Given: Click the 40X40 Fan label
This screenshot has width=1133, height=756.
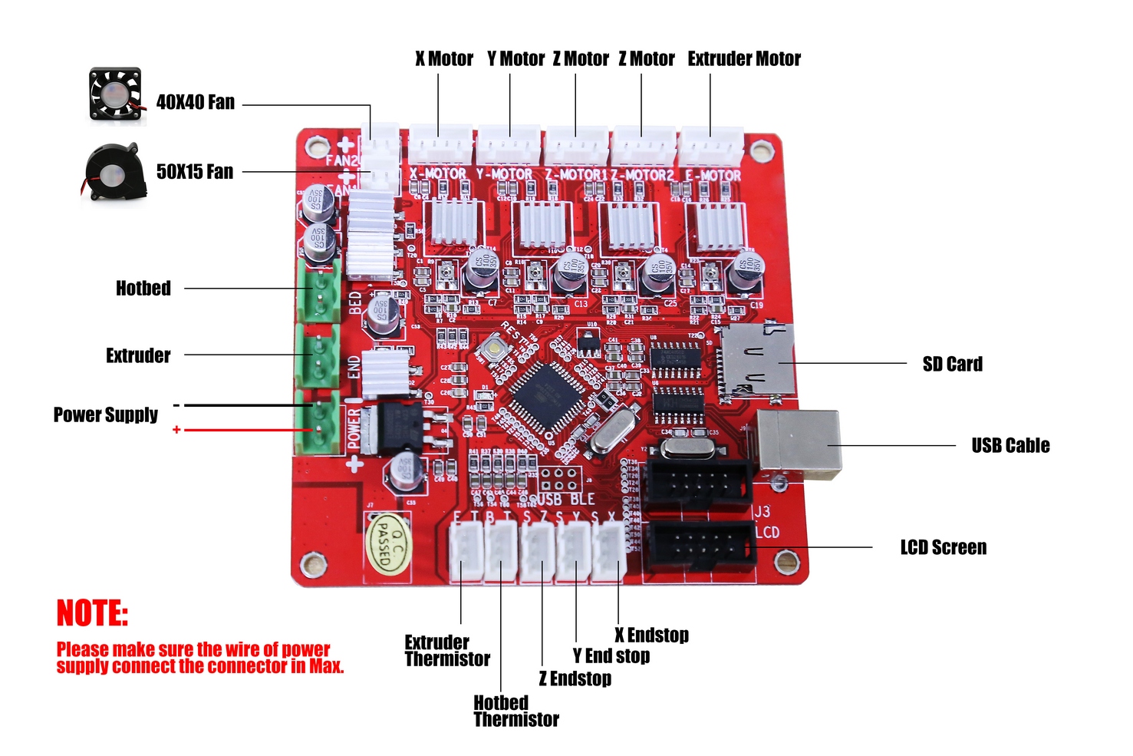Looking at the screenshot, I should click(x=196, y=102).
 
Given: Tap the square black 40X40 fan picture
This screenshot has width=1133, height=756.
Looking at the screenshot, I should click(x=115, y=94).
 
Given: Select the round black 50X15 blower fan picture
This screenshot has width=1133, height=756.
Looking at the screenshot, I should click(x=115, y=172).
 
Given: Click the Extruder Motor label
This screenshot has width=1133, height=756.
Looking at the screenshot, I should click(x=743, y=59).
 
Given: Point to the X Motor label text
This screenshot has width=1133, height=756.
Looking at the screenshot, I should click(x=444, y=59).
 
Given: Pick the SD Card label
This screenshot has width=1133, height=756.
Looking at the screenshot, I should click(x=952, y=364).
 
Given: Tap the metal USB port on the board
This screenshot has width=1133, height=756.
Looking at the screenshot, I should click(x=798, y=444).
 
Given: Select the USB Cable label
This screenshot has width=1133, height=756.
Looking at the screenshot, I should click(x=1010, y=446).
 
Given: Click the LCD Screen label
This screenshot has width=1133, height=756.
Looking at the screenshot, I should click(x=943, y=547).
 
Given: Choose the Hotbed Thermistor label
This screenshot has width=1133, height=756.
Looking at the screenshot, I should click(x=515, y=711).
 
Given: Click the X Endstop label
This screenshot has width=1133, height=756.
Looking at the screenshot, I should click(x=651, y=636).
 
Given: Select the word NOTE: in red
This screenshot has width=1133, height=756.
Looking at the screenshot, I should click(x=92, y=613).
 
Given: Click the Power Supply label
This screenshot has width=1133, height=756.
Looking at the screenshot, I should click(x=106, y=415).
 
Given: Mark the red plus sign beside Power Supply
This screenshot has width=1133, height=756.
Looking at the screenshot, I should click(x=176, y=430).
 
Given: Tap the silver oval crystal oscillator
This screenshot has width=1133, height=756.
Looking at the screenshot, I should click(x=612, y=431).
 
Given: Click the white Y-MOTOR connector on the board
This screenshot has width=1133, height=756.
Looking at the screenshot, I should click(x=509, y=144).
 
